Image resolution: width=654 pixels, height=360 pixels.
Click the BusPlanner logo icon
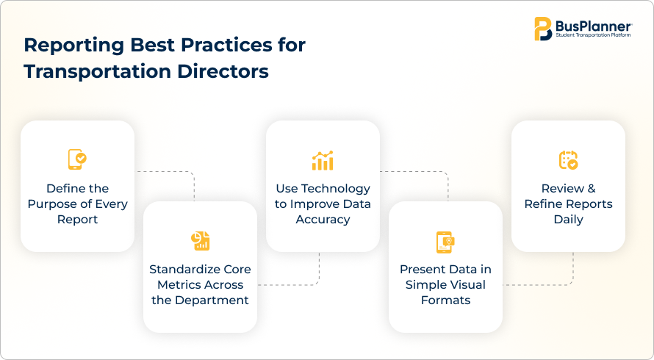543,29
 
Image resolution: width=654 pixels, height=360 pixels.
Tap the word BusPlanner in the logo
593,26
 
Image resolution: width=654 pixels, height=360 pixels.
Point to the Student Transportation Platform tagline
593,35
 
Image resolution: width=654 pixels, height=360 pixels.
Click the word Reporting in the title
73,46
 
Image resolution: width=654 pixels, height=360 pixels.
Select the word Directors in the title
223,71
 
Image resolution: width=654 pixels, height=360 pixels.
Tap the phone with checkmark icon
77,159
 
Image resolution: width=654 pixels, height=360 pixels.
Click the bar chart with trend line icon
323,161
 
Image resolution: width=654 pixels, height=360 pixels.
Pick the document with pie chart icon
200,241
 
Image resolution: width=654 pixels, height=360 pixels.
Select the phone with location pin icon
445,242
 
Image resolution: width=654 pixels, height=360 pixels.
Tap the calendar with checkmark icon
568,160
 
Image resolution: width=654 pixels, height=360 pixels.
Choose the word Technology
336,189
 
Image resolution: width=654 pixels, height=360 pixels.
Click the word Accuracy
323,220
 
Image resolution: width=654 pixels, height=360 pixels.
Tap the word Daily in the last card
568,220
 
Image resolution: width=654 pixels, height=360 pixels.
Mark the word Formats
445,300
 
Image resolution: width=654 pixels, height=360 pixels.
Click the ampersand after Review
592,189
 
